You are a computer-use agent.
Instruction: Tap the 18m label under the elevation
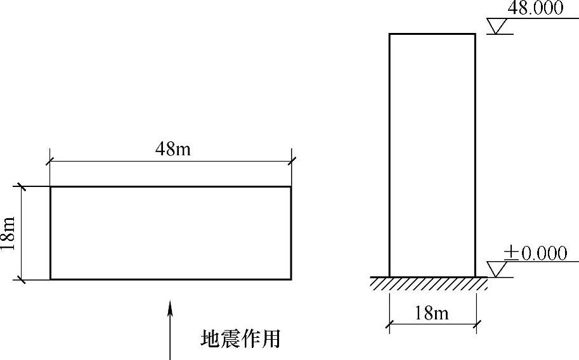[431, 313]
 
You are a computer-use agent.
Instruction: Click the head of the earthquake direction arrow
[170, 307]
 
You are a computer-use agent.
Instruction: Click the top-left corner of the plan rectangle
[50, 186]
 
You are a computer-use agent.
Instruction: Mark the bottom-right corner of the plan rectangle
[291, 279]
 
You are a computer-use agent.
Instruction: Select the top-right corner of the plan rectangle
[291, 186]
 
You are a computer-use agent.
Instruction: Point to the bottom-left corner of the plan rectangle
[50, 279]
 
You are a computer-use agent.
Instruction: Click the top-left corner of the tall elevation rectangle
[389, 34]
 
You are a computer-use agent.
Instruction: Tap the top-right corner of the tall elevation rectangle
[475, 34]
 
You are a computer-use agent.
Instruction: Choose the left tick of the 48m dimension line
[50, 162]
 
